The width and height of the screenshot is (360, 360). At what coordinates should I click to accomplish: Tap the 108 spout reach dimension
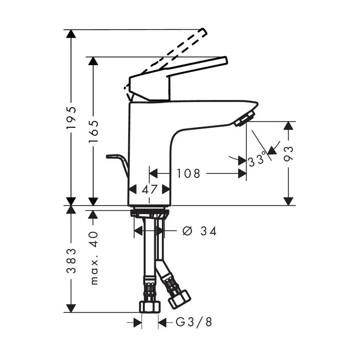188,173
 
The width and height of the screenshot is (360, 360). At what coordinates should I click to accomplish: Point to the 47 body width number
149,189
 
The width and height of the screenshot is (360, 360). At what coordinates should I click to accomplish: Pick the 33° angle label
257,159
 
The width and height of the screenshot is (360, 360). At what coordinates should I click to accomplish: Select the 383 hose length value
71,261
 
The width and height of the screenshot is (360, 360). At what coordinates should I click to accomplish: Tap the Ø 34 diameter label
200,231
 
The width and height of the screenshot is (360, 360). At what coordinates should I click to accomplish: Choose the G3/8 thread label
194,322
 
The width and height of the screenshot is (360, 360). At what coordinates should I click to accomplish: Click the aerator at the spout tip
243,119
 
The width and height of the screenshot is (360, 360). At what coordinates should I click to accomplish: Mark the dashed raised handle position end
202,32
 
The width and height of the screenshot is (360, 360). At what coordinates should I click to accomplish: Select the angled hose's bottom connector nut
180,298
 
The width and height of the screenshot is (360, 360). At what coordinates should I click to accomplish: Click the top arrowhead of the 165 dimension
94,62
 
